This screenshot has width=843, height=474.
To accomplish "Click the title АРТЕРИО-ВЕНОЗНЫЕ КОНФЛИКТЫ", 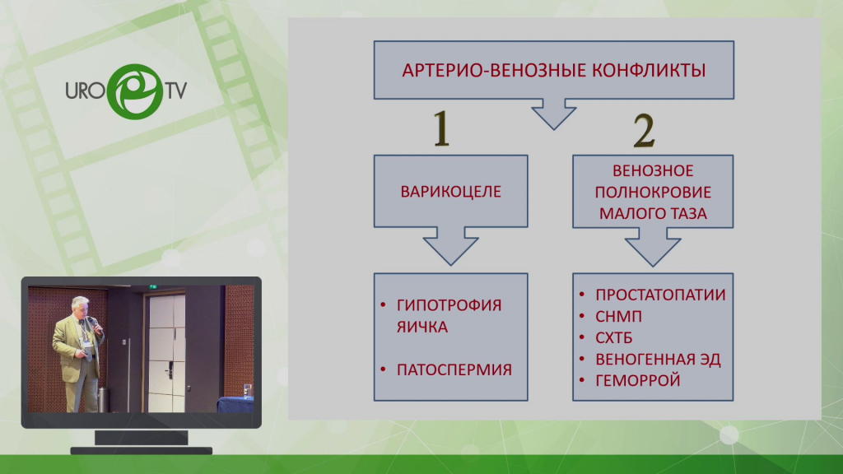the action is [554, 71].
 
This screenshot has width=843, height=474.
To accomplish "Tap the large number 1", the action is [441, 128].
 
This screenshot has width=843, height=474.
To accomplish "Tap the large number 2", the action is [644, 131].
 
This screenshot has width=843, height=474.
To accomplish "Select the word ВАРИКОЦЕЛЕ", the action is [450, 192].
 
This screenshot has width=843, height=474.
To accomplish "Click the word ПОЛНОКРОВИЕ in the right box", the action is [653, 193].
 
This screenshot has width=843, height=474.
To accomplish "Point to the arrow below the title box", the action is [554, 114].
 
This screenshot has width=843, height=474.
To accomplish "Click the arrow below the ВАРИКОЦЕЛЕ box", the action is [450, 246].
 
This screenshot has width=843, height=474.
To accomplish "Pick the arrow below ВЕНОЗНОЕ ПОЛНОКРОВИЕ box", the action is [653, 247].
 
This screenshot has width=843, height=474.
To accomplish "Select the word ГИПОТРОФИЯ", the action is [449, 305].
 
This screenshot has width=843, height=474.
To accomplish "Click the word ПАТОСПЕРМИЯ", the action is [454, 369].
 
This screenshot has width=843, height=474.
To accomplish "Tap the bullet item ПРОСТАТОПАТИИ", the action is [660, 295].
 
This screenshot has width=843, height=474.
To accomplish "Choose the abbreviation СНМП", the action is [618, 317].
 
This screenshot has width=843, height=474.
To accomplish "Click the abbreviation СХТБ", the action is [613, 338].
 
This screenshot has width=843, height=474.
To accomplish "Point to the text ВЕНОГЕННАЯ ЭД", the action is [658, 359].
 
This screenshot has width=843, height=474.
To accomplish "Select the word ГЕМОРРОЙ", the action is [638, 380].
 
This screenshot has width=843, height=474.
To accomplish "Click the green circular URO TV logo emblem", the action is [135, 91].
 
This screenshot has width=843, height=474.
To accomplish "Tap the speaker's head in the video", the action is [80, 305].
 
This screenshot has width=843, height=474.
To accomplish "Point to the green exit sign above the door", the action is [153, 287].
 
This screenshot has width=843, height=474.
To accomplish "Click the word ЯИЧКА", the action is [422, 327].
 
